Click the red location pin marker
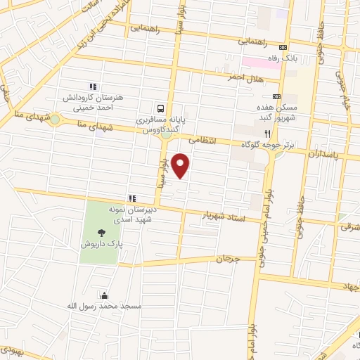tap(181, 165)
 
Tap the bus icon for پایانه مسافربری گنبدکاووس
tap(162, 108)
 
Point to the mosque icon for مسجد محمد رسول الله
tap(105, 296)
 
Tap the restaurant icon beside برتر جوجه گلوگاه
tap(266, 133)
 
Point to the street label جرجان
tap(228, 259)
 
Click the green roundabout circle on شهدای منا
tap(55, 120)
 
